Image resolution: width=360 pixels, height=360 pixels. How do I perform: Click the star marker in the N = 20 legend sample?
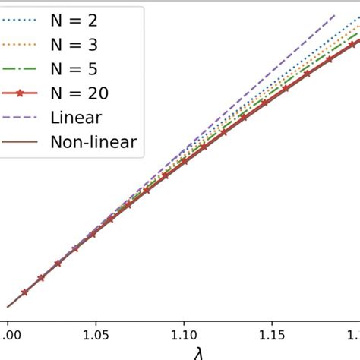click(21, 93)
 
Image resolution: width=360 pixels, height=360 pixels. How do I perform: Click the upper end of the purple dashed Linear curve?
click(335, 14)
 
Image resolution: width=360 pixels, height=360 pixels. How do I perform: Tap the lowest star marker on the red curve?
click(24, 292)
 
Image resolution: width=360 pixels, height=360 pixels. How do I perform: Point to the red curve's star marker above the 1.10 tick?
click(182, 162)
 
